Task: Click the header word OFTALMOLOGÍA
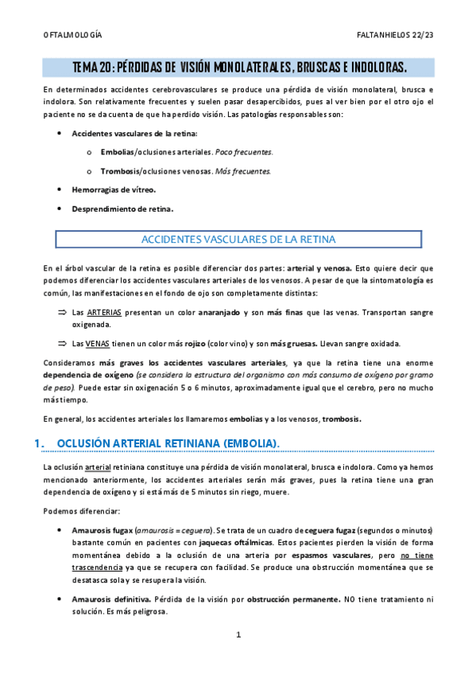(72, 37)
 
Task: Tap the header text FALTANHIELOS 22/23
(395, 37)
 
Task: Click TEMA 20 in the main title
(94, 67)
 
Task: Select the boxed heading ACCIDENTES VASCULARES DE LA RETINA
(238, 239)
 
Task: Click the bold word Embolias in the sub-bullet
(118, 151)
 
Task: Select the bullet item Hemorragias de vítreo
(114, 190)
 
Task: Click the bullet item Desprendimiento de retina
(122, 209)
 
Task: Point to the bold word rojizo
(187, 344)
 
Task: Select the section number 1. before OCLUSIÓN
(48, 443)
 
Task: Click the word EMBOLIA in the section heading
(252, 443)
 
